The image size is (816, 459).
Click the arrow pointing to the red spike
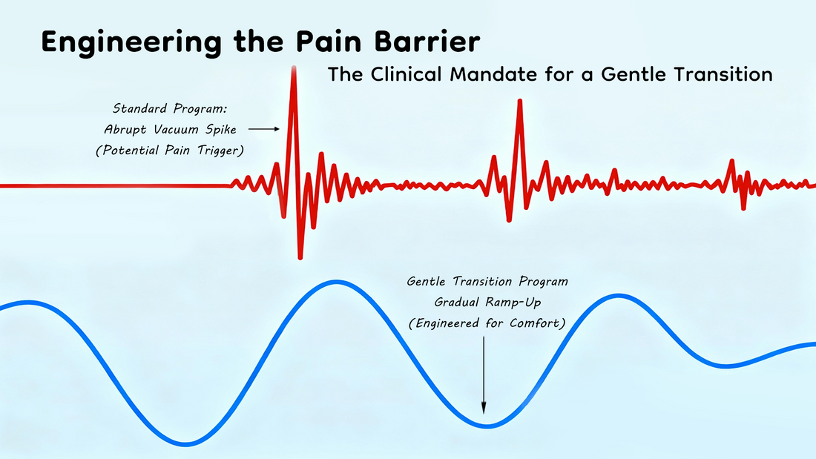click(x=264, y=129)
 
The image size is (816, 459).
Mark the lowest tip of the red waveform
click(x=300, y=257)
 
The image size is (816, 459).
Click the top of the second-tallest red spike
click(x=519, y=101)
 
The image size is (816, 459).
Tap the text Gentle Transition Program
click(x=487, y=281)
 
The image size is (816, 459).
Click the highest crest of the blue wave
click(x=335, y=282)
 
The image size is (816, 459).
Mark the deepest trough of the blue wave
click(x=186, y=444)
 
